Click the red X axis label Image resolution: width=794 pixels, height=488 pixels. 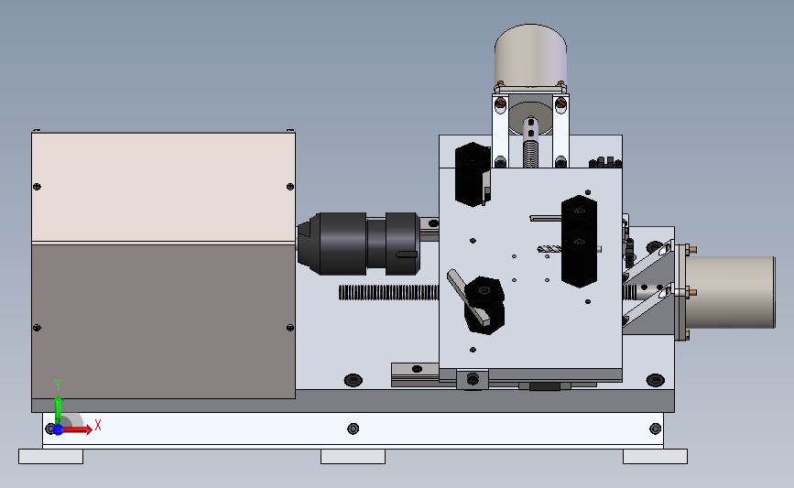(x=98, y=425)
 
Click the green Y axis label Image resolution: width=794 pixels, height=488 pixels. (x=58, y=385)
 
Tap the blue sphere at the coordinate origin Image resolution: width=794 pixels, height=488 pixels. (x=59, y=429)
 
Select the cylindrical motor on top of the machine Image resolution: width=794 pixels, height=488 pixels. (x=530, y=56)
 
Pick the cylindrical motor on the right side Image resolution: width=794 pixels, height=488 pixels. (x=730, y=292)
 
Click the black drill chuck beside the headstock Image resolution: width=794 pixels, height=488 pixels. (x=358, y=244)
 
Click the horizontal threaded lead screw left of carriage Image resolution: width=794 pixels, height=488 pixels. (x=389, y=292)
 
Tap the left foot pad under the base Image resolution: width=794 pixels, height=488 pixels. (x=50, y=456)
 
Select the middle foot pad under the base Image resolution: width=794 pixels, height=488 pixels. (x=353, y=456)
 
